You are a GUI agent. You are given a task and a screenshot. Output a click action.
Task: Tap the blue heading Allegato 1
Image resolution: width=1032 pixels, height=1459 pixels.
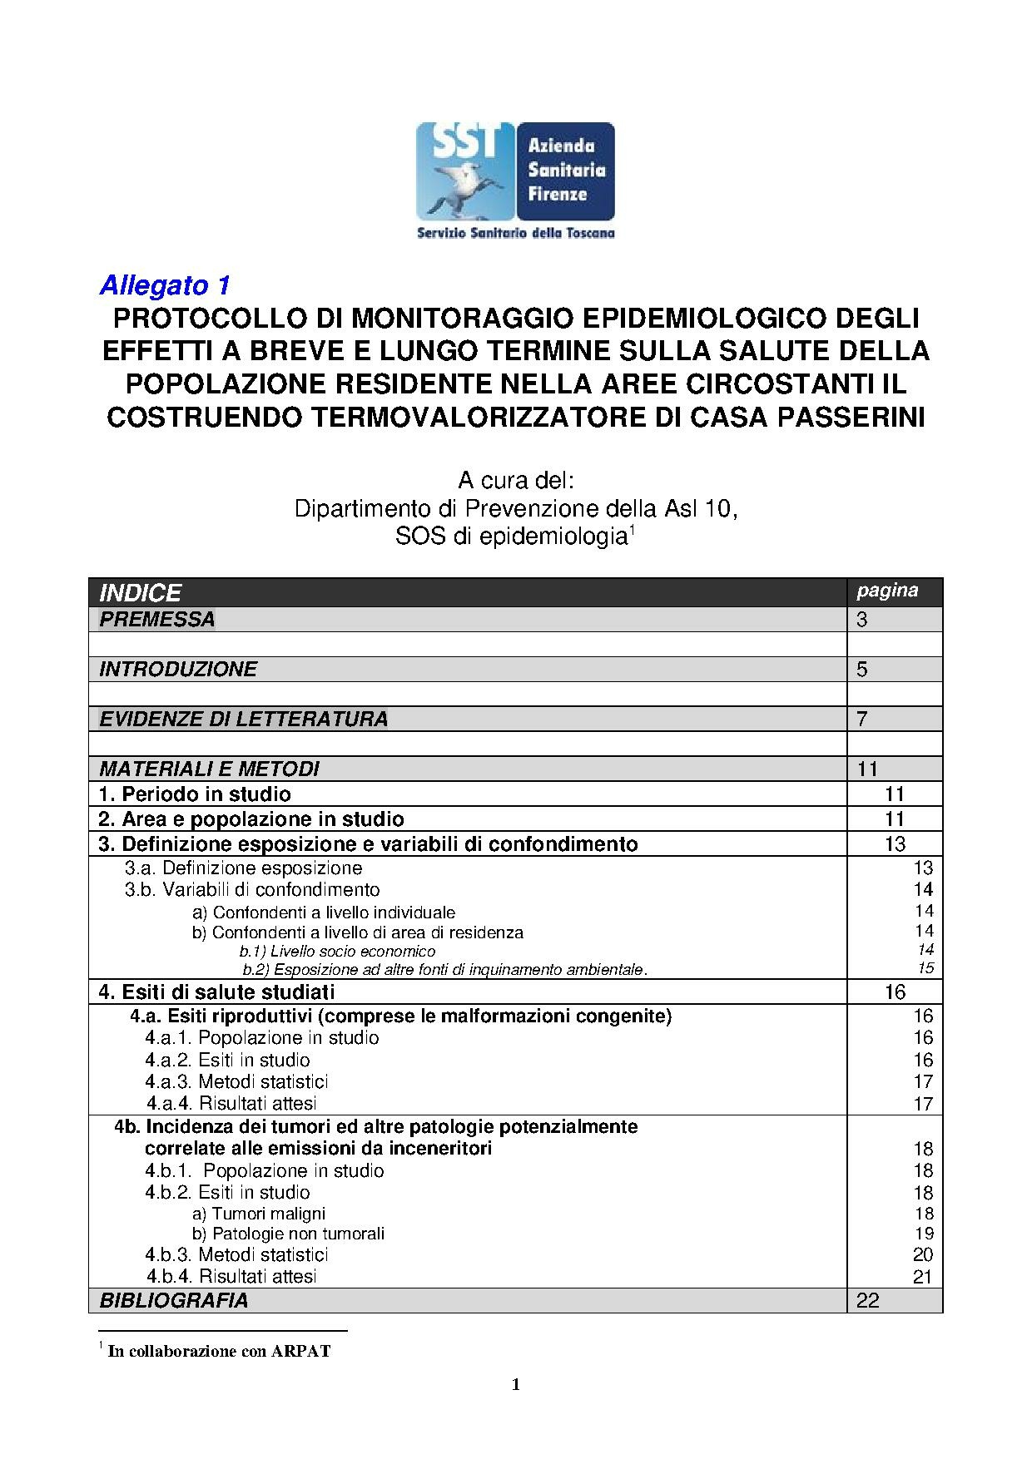pyautogui.click(x=165, y=285)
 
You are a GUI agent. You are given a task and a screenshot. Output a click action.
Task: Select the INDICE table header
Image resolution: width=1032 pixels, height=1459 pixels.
pyautogui.click(x=141, y=592)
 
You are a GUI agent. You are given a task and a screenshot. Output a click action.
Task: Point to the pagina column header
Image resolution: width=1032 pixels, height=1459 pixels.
pyautogui.click(x=887, y=591)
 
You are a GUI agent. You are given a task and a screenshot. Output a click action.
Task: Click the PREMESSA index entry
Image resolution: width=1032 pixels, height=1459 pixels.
pyautogui.click(x=157, y=619)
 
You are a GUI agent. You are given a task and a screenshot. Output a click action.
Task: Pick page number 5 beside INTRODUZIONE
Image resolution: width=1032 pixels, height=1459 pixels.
pyautogui.click(x=862, y=669)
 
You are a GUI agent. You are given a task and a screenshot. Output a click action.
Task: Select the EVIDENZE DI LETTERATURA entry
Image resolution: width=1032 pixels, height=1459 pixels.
pyautogui.click(x=243, y=719)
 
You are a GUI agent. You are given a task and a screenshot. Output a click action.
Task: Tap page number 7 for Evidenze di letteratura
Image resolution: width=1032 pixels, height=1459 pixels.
pyautogui.click(x=862, y=719)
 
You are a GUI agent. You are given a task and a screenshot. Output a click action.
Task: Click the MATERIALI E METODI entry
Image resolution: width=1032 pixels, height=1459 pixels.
pyautogui.click(x=209, y=769)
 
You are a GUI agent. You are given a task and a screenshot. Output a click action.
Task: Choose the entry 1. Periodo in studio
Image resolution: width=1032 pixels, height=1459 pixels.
pyautogui.click(x=195, y=794)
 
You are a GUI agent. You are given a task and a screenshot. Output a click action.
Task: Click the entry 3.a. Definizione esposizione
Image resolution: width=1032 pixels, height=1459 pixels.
pyautogui.click(x=243, y=868)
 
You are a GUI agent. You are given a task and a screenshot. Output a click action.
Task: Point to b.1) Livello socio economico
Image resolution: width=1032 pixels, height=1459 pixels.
pyautogui.click(x=337, y=951)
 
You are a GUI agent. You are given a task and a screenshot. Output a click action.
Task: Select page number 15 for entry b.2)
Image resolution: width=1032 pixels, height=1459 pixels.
pyautogui.click(x=925, y=968)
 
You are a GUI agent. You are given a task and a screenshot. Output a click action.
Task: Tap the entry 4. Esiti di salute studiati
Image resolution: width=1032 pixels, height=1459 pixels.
pyautogui.click(x=216, y=992)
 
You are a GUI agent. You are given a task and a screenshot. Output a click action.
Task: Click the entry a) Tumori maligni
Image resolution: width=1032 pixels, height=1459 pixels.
pyautogui.click(x=259, y=1214)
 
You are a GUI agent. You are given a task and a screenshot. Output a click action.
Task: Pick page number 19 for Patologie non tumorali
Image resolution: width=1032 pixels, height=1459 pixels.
pyautogui.click(x=923, y=1234)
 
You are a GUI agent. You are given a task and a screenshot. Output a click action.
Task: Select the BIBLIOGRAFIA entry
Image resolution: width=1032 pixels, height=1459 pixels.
pyautogui.click(x=174, y=1300)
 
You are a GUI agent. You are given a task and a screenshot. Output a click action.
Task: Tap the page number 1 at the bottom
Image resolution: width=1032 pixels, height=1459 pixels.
pyautogui.click(x=516, y=1385)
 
